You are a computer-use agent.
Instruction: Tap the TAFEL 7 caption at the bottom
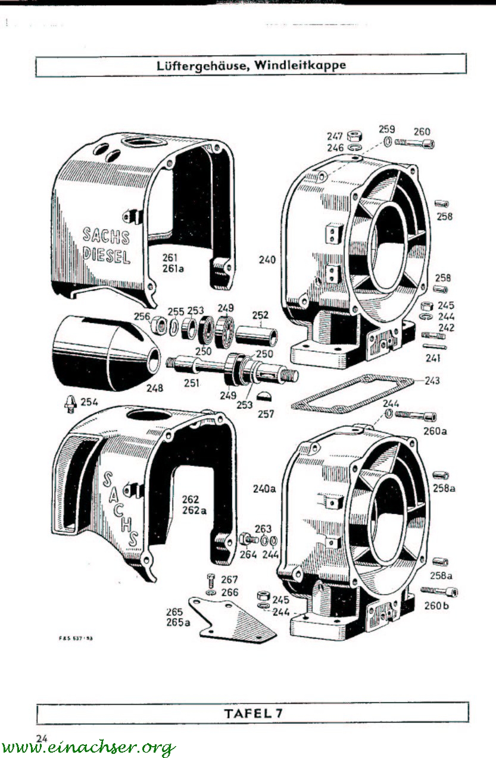pos(253,713)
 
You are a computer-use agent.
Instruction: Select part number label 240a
pos(264,489)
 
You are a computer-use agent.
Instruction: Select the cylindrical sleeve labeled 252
pos(257,334)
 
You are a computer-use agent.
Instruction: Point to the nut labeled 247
pos(352,136)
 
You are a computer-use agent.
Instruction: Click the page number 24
pos(42,738)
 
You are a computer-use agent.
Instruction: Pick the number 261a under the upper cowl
pos(173,268)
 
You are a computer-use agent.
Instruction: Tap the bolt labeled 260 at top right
pos(416,143)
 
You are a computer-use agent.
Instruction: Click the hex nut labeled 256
pos(160,326)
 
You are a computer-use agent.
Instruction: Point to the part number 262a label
pos(196,510)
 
